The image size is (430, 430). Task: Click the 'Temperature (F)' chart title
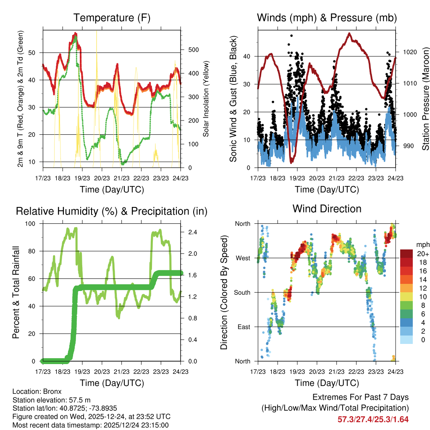coord(112,18)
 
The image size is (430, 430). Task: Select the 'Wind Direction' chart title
coord(327,209)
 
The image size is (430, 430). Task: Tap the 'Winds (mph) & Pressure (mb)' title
coord(327,18)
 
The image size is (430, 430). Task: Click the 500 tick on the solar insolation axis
coord(193,50)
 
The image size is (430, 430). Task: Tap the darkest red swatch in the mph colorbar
coord(406,254)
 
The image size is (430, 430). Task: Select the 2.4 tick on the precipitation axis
coord(193,232)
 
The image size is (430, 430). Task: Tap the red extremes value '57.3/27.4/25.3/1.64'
coord(373,419)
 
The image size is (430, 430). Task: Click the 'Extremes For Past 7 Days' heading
coord(360,397)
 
